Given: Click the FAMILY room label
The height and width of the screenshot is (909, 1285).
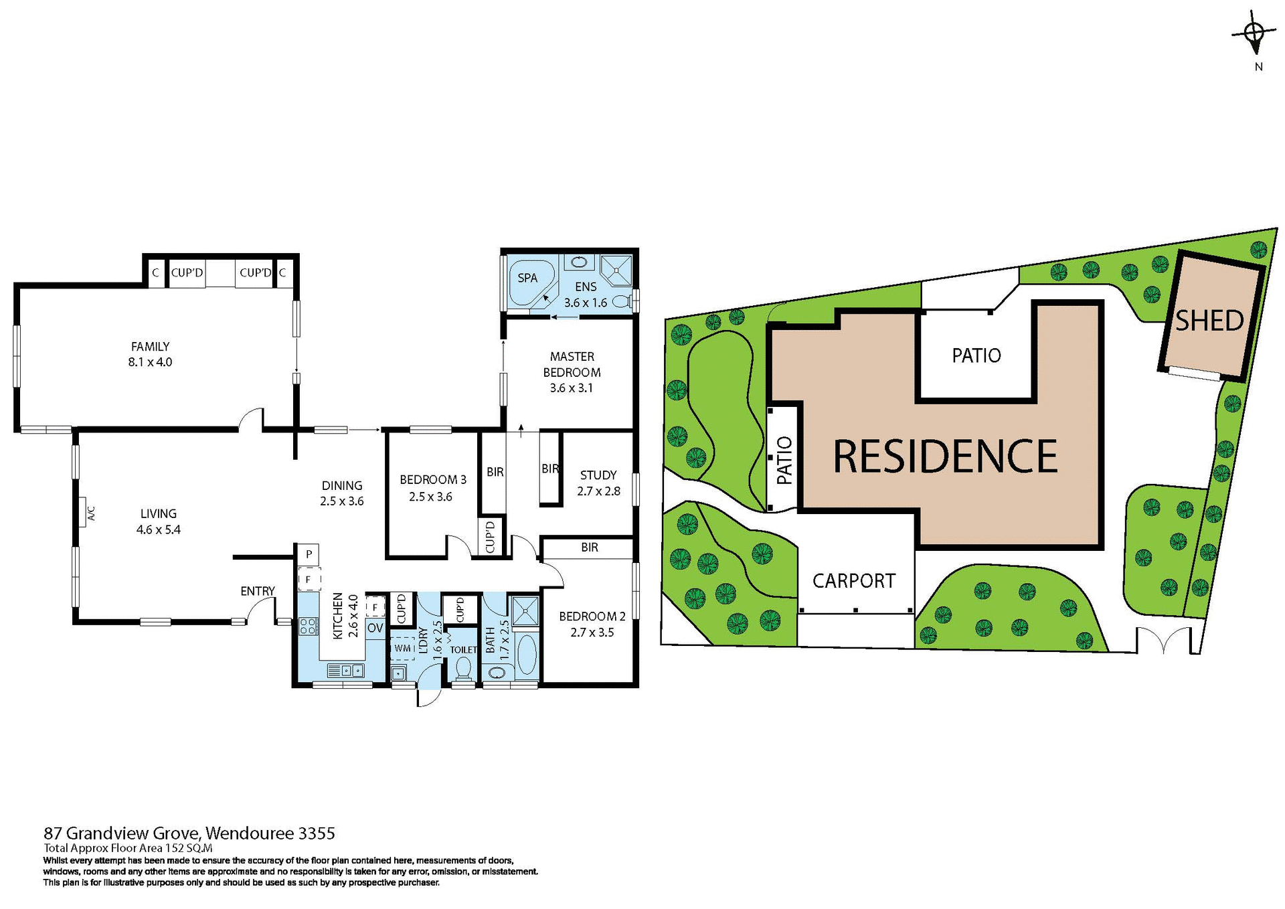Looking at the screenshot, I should coord(150,347).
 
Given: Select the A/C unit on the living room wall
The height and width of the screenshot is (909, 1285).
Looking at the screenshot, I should coord(85,513).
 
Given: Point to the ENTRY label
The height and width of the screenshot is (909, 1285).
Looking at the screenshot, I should coord(258,591).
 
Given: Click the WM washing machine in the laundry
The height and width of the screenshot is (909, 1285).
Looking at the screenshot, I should coord(402,648).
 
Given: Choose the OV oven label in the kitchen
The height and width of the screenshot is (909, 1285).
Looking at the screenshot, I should coord(375,628).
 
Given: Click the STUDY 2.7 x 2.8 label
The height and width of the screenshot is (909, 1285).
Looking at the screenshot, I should coord(598,483).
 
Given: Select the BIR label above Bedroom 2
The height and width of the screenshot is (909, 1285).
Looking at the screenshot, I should coord(589,548).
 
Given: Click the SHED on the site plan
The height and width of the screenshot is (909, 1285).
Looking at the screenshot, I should coord(1210,321).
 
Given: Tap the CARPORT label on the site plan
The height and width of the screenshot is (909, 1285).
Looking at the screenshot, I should coord(854,580).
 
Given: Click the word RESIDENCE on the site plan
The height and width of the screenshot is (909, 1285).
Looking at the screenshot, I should coord(945,457).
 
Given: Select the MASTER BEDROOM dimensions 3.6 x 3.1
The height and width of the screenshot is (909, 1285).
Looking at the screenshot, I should coord(571,388).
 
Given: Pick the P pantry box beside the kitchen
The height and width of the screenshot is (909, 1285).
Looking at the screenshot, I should coord(309,554).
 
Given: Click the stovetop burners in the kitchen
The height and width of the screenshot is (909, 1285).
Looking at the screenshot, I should coord(308,627).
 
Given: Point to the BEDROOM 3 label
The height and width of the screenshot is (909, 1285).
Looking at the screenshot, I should coord(432,480).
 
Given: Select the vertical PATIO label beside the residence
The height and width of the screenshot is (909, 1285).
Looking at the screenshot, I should coord(784,461).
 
